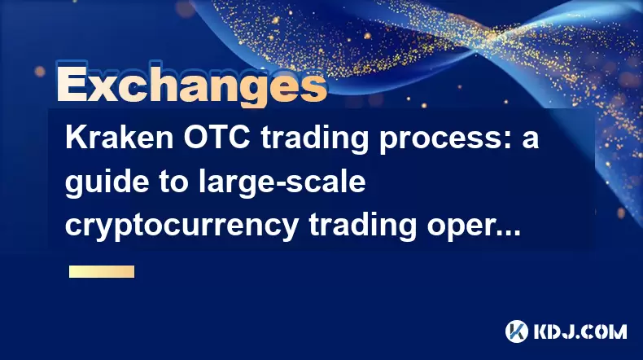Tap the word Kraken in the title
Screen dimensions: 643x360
[120, 138]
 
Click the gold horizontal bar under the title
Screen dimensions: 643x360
[102, 272]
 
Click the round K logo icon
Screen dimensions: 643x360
[517, 331]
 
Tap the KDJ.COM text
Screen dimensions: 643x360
[580, 331]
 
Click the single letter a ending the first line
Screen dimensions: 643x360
[530, 140]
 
